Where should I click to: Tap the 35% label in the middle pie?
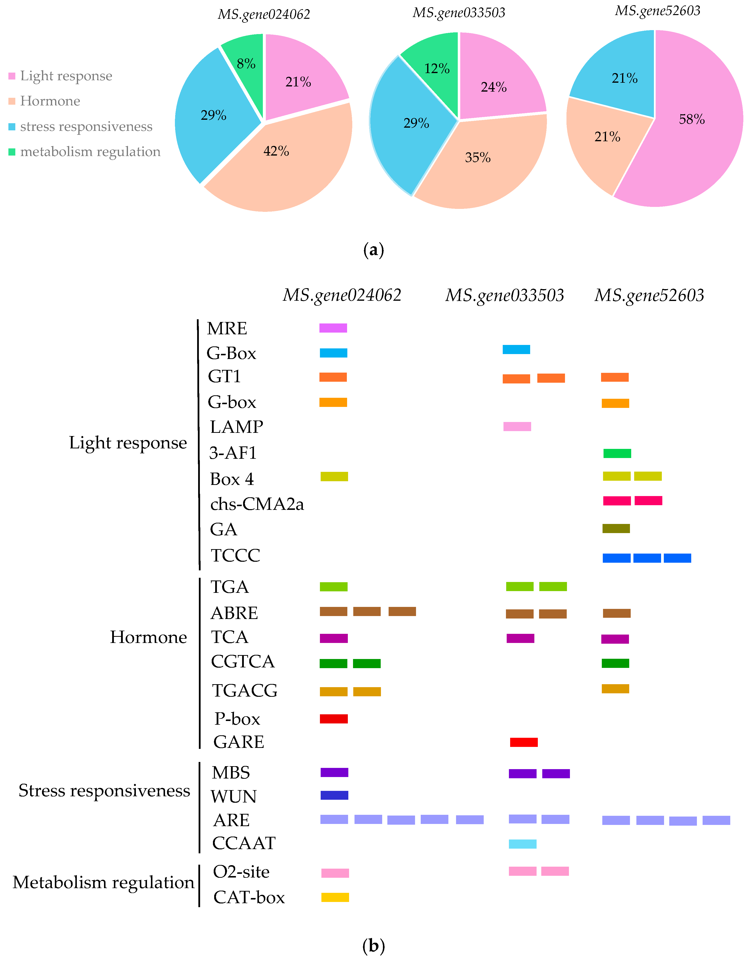pos(478,158)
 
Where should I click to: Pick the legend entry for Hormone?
pos(50,101)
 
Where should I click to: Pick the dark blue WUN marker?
pos(334,795)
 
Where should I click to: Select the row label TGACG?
pos(245,691)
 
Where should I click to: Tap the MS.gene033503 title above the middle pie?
pos(459,13)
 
